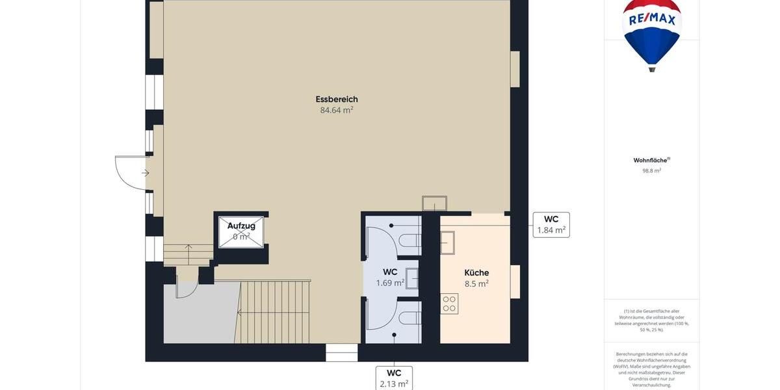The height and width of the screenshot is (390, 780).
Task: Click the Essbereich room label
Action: [x=337, y=99]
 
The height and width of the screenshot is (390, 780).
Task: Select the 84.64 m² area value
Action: [x=337, y=110]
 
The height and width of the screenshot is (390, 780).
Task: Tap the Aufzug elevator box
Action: [x=241, y=232]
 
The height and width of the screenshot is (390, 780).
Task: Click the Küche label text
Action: [x=476, y=273]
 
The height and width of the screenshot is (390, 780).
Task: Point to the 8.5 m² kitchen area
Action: [x=476, y=284]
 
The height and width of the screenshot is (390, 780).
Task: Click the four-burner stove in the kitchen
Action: [x=449, y=304]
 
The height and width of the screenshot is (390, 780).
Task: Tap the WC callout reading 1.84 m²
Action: [x=551, y=225]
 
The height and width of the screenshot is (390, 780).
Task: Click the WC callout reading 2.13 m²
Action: [x=394, y=378]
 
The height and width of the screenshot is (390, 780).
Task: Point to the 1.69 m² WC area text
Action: [x=390, y=283]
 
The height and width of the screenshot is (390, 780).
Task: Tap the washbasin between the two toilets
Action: [x=412, y=278]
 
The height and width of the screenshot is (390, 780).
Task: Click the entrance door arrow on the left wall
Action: [x=146, y=173]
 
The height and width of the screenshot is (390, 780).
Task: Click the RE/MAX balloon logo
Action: [x=652, y=32]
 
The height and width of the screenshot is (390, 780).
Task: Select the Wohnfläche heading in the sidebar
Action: [x=651, y=160]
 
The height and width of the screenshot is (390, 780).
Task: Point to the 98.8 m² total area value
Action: [x=651, y=171]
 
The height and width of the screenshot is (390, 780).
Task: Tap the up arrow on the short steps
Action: [x=188, y=248]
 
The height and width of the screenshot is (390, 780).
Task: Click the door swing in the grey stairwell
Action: [x=187, y=289]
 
